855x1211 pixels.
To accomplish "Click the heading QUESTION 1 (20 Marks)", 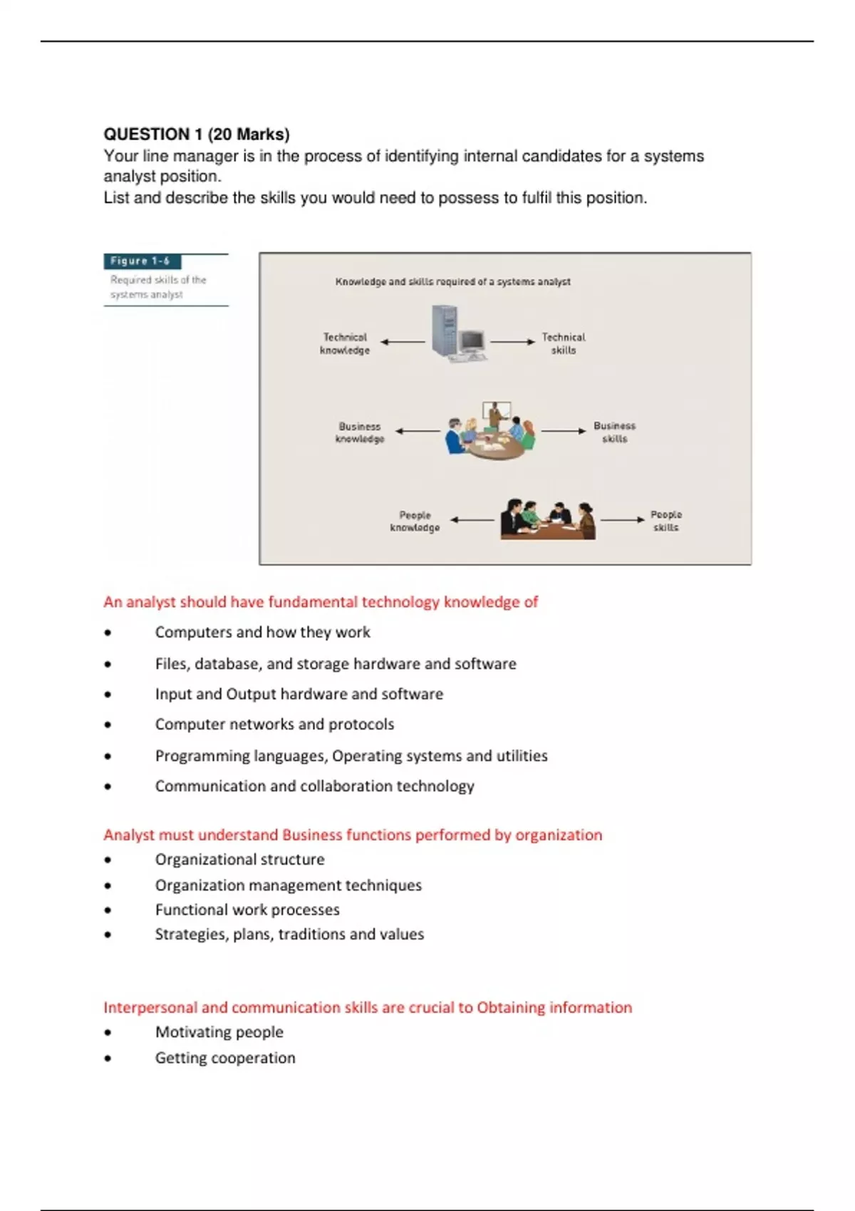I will [x=197, y=135].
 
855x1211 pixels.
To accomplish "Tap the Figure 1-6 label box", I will [x=142, y=261].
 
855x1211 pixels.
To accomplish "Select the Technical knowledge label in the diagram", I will [x=345, y=343].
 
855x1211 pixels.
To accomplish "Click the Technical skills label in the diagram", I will [x=563, y=343].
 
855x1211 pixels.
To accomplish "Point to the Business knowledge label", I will [x=360, y=432].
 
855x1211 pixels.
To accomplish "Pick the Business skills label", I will [x=614, y=432].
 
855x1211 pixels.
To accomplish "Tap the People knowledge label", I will [x=415, y=521].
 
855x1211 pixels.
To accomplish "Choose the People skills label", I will [x=666, y=521].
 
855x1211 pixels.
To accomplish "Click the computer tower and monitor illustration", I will [x=457, y=333].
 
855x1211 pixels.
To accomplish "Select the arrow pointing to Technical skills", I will [x=512, y=342].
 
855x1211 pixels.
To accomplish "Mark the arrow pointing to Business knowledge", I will [x=418, y=431].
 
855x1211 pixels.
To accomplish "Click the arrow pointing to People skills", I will [x=622, y=520].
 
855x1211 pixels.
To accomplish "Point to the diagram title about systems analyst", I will [x=452, y=281].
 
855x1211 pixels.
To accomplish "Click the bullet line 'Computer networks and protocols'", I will [x=274, y=724].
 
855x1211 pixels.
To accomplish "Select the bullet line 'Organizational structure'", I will [x=239, y=860].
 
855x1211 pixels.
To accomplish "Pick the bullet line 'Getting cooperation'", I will [x=225, y=1058].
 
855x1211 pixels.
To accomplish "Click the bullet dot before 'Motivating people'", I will [x=108, y=1033].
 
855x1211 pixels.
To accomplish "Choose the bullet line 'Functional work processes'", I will [x=247, y=910].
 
